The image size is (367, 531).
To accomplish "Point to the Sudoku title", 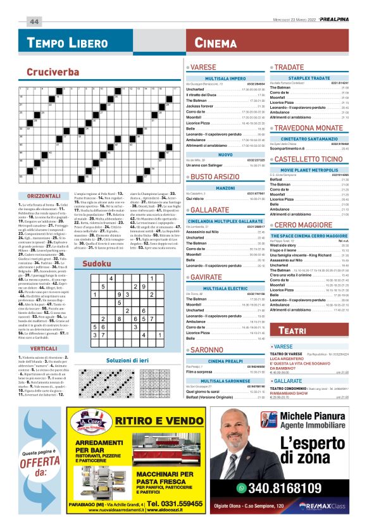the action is click(97, 263).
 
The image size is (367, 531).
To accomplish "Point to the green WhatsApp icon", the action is click(241, 488).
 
